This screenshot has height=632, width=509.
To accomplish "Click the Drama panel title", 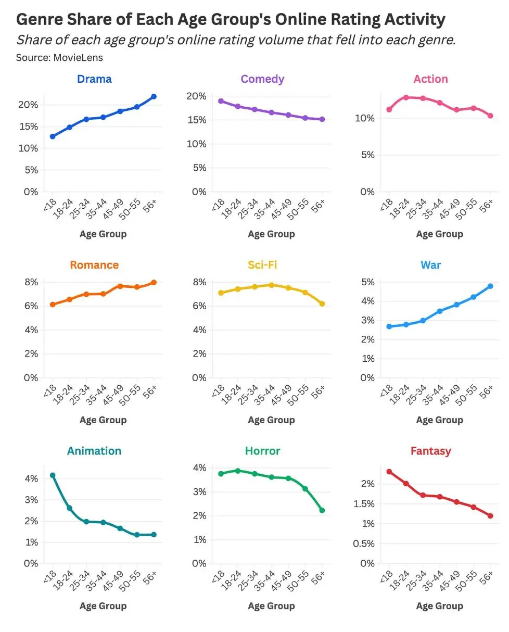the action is [94, 79].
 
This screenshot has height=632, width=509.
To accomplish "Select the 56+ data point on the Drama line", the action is [154, 97].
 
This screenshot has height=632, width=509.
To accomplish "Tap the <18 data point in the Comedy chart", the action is [221, 101].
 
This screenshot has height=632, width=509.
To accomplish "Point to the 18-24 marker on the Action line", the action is [406, 97].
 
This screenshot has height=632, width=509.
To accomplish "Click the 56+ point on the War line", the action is [490, 286].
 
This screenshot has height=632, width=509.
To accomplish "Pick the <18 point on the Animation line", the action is [53, 475].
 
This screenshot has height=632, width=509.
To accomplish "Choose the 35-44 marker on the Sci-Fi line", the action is [271, 285].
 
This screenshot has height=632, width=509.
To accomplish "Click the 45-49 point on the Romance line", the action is [120, 286].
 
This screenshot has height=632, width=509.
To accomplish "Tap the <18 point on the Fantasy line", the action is [389, 472].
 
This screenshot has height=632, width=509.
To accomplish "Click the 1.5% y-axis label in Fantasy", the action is [364, 503].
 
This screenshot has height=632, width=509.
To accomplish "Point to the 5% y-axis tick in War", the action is [368, 282].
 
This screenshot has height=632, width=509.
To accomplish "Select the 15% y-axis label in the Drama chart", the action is [29, 127].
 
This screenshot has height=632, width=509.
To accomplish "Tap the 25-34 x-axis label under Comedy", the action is [248, 209].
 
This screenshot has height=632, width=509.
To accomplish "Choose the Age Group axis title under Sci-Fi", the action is [271, 420].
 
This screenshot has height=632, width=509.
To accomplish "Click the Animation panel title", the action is [94, 451].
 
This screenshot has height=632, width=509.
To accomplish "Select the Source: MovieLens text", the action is [59, 58].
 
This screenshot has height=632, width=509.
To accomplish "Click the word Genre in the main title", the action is [40, 19].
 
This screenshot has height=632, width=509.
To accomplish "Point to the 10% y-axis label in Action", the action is [365, 118].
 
